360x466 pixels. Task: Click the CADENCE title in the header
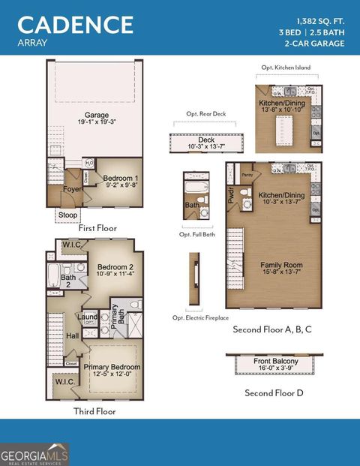[75, 24]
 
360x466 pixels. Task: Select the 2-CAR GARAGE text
[314, 44]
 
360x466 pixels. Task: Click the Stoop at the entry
[67, 215]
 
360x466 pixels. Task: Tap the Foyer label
[72, 190]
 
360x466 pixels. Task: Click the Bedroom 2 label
[115, 270]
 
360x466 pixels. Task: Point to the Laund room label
[88, 317]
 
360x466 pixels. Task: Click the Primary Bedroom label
[112, 370]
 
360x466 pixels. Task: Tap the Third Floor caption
[94, 411]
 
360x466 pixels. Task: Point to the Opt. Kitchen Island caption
[286, 68]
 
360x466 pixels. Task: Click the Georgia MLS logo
[34, 454]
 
